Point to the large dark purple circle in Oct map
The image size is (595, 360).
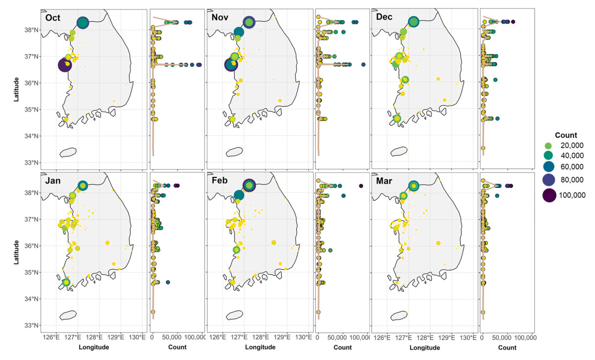pos(65,65)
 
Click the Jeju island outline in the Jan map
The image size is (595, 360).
pos(68,315)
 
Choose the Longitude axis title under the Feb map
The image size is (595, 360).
pos(260,347)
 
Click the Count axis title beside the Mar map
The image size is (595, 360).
pos(507,347)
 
